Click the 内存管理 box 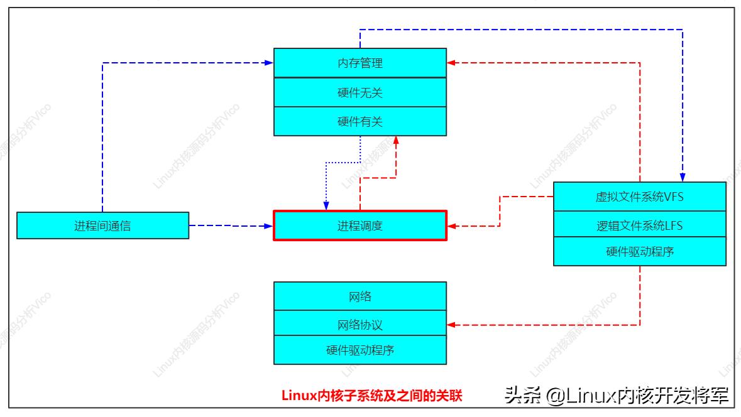click(360, 63)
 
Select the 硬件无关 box click(360, 92)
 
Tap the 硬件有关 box click(360, 122)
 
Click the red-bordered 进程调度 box click(360, 225)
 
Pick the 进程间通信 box click(102, 225)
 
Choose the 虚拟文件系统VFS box click(639, 197)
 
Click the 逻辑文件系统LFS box click(639, 224)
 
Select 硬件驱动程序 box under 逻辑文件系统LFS click(639, 252)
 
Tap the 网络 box click(360, 296)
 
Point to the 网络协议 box click(360, 325)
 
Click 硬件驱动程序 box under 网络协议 click(360, 350)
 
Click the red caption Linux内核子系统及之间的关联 click(371, 396)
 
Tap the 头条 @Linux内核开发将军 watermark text click(616, 396)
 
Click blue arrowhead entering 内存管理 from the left click(268, 63)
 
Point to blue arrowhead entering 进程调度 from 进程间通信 click(268, 225)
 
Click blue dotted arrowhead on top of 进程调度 click(326, 206)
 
